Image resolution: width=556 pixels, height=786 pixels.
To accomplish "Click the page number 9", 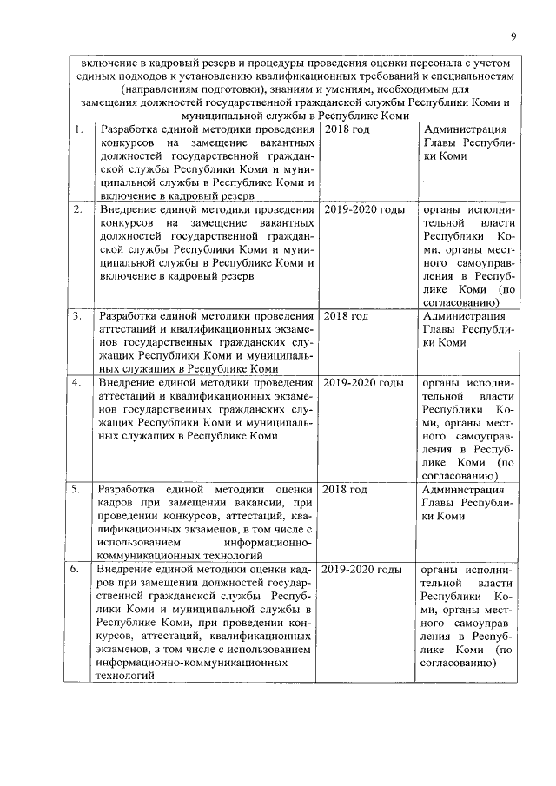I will coord(513,36).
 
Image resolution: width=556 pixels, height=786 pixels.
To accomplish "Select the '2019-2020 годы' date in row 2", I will coord(363,209).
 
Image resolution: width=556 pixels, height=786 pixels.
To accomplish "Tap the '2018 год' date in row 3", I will coord(347,315).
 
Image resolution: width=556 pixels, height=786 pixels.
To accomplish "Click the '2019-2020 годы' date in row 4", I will coord(363,383).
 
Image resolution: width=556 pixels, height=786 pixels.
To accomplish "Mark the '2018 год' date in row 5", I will coord(347,489).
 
